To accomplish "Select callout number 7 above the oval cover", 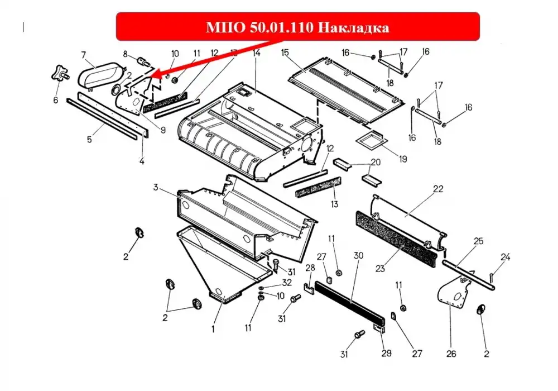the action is [84, 55].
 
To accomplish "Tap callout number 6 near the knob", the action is [55, 100].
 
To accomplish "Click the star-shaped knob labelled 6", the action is [59, 73].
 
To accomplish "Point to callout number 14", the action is [257, 53].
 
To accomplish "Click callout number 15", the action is [285, 53].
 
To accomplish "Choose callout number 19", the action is [403, 159].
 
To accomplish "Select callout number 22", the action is [438, 189].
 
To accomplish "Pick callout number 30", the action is [358, 255].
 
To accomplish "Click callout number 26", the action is [451, 354].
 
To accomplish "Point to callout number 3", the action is [156, 187].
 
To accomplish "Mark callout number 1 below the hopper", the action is [213, 330].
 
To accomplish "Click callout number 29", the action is [387, 353].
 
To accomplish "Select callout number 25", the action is [479, 241].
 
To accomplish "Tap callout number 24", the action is [506, 257].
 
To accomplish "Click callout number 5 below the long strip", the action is [89, 139].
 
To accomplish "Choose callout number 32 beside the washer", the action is [287, 283].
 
